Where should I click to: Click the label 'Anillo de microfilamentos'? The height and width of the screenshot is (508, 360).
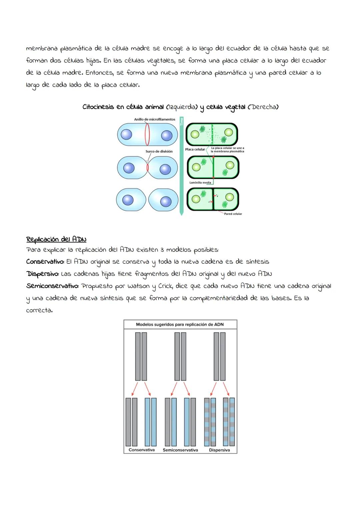point(154,119)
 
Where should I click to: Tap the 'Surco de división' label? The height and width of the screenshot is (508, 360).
point(159,151)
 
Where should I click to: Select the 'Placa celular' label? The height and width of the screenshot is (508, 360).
point(195,149)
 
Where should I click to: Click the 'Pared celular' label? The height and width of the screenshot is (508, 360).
point(233,214)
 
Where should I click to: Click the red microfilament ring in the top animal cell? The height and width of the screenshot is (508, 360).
point(147,135)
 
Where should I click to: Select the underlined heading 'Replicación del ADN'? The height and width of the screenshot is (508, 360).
point(56,239)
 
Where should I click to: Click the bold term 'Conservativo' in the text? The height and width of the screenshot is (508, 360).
point(45,261)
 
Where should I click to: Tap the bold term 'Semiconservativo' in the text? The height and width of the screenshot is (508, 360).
point(52,286)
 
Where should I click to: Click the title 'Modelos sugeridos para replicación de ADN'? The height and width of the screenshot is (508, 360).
point(180,324)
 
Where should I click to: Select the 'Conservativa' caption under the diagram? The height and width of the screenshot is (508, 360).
point(142,450)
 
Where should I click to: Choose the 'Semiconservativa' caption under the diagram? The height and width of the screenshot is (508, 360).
point(180,450)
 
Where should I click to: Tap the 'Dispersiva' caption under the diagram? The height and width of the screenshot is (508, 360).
point(219,450)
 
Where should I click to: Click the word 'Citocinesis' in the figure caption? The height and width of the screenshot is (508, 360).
point(97,107)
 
